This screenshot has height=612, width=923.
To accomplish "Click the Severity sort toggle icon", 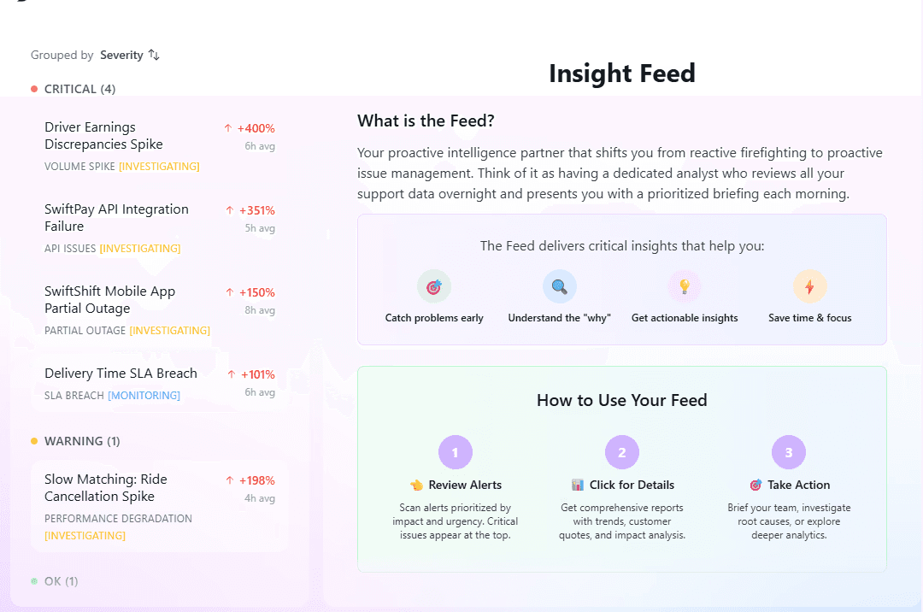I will tap(154, 55).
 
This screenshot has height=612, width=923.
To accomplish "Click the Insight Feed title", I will tap(621, 74).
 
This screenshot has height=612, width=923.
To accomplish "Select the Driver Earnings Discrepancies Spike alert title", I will tap(103, 136).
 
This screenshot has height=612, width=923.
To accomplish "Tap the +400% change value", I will tap(256, 128).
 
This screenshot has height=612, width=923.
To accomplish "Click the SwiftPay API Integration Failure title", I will tap(116, 218).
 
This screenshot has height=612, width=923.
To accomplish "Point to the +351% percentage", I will tap(256, 210).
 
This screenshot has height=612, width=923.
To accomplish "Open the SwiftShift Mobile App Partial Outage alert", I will tap(109, 300).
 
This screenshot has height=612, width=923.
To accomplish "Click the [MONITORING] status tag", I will tap(144, 396).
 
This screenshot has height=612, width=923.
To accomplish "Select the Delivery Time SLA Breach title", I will tap(121, 374).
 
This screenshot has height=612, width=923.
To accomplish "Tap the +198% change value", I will tap(256, 480).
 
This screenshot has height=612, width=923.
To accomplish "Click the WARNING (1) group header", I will tap(81, 441).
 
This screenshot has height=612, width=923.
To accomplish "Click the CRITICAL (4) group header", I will tap(79, 89).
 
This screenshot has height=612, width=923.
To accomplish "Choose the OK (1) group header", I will tap(61, 581).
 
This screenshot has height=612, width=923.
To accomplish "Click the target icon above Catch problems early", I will tap(434, 287).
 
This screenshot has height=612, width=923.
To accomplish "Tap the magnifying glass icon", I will tap(560, 287).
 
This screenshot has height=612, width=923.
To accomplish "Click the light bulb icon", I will tap(685, 287).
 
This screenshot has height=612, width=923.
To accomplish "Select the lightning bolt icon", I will tap(809, 287).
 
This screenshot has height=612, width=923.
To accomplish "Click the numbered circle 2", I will tap(621, 452).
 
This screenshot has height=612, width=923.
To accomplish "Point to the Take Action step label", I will tap(798, 485).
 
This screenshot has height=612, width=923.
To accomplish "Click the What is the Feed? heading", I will tap(426, 121).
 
